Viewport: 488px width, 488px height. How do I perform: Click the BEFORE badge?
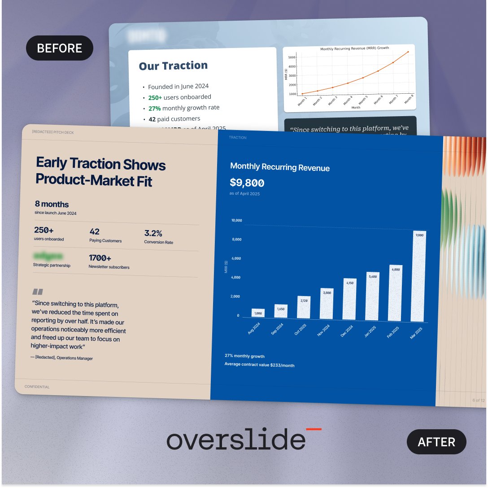(x=60, y=48)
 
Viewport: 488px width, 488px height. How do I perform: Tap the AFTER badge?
(x=436, y=442)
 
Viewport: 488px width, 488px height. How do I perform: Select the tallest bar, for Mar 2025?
(x=418, y=276)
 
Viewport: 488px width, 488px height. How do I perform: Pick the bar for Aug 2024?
(x=258, y=313)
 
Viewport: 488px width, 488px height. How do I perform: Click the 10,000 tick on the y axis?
(x=236, y=221)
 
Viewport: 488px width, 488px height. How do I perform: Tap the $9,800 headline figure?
(x=247, y=183)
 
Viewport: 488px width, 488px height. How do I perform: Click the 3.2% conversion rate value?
(x=153, y=233)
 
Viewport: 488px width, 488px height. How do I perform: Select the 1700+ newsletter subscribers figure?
(x=100, y=258)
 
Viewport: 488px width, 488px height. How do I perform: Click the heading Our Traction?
(x=173, y=66)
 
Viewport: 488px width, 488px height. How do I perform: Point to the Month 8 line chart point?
(x=408, y=52)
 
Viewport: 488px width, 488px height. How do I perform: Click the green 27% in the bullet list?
(x=155, y=108)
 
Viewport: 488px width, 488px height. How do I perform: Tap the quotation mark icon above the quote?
(x=38, y=291)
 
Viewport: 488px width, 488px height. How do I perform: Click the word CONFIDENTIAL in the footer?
(x=37, y=387)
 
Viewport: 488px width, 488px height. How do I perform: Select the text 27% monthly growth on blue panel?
(x=244, y=356)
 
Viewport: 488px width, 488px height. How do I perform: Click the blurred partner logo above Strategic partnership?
(x=48, y=257)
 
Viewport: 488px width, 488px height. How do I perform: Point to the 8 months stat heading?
(x=52, y=204)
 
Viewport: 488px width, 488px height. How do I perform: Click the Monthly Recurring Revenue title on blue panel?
(x=279, y=167)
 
